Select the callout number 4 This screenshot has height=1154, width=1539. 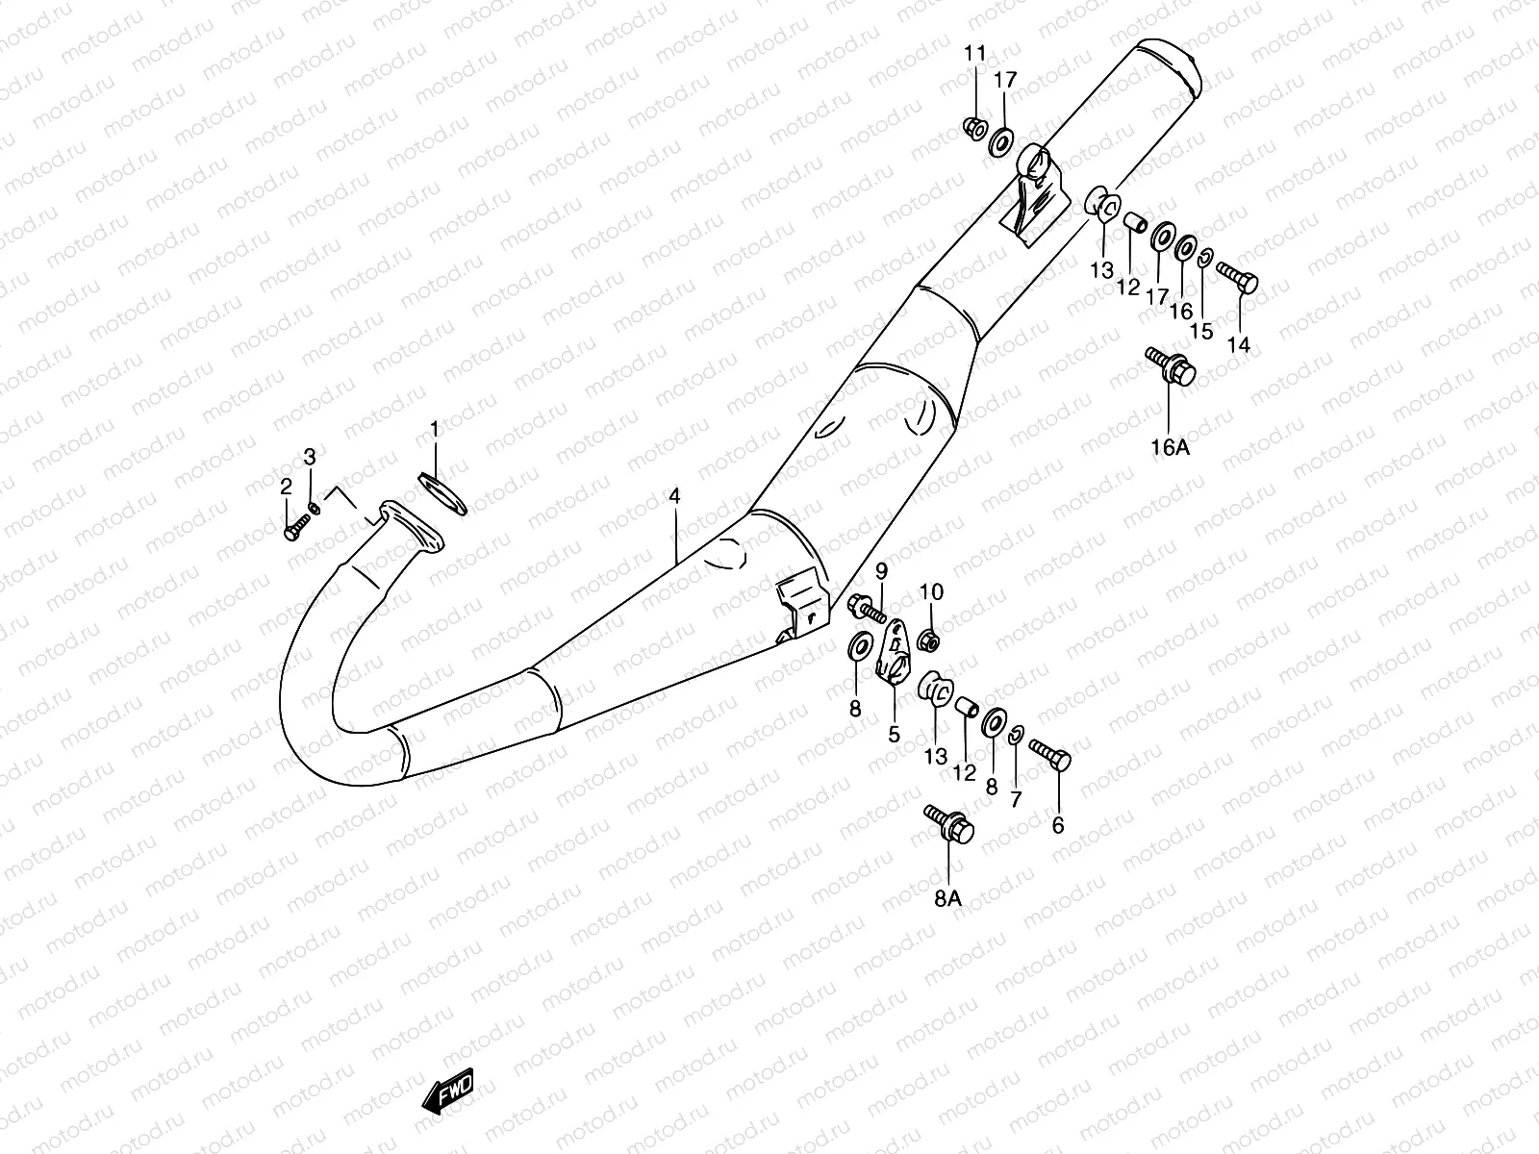coord(674,496)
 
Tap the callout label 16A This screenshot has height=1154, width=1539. coord(1170,447)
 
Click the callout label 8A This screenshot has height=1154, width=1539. coord(947,898)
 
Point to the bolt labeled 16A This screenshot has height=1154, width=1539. coord(1172,368)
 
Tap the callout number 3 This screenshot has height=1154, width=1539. coord(310,456)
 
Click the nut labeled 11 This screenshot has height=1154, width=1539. coord(973,127)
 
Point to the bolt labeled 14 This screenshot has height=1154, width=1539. coord(1238,276)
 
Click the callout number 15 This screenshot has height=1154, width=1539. coord(1201,331)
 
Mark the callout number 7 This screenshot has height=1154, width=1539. coord(1016,799)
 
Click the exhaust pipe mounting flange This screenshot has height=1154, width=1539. coord(410,527)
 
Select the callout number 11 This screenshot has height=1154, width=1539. coord(975,53)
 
